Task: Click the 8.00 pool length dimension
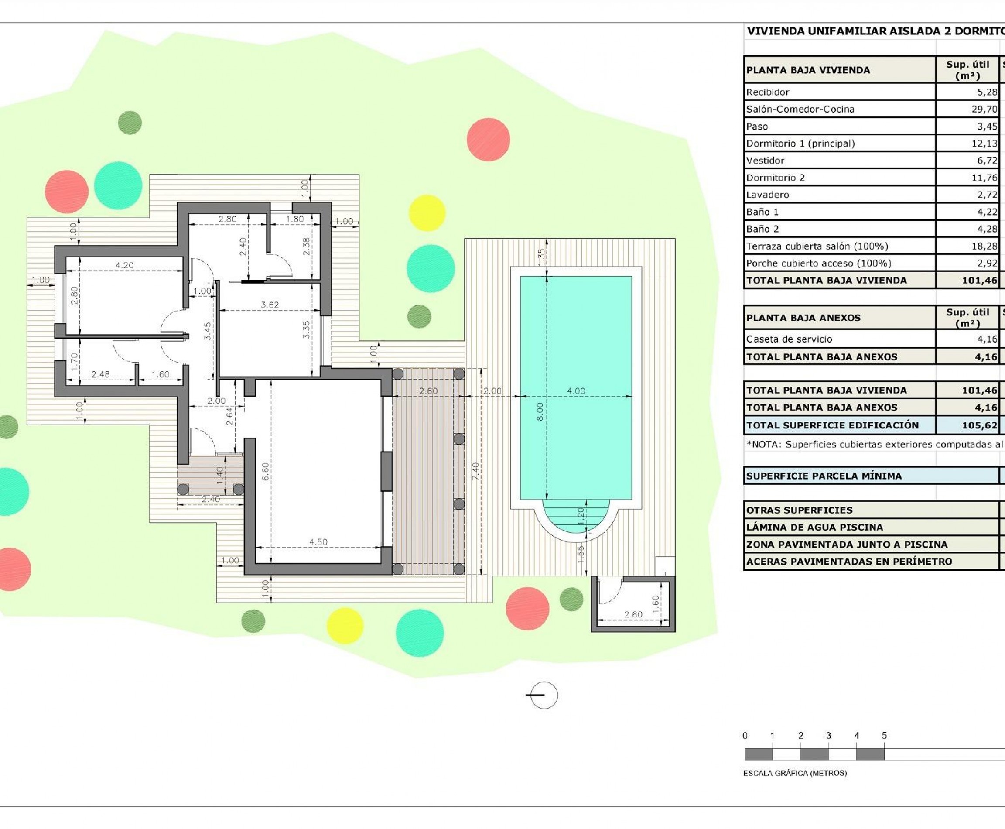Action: (x=540, y=411)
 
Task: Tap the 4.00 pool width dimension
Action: (x=576, y=391)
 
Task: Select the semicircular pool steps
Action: (x=576, y=517)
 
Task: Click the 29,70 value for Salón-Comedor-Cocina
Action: (x=984, y=110)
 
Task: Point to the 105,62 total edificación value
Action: (x=979, y=425)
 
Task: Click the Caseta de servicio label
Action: (x=789, y=339)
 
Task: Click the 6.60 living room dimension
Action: (x=266, y=471)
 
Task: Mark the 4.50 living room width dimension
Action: (x=318, y=542)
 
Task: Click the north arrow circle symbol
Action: (x=544, y=695)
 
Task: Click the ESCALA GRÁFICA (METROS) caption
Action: (x=795, y=773)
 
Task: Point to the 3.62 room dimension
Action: (x=269, y=305)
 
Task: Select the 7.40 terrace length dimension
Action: (x=475, y=471)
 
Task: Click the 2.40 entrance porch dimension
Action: (x=211, y=500)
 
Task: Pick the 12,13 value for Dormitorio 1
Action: (x=984, y=143)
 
